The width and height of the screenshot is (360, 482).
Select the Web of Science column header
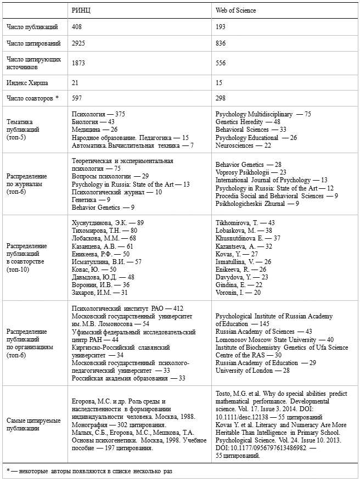[x=236, y=10]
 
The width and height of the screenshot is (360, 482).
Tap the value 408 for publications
[x=77, y=26]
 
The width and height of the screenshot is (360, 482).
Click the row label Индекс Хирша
[x=27, y=82]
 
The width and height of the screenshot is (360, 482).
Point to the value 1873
[x=80, y=63]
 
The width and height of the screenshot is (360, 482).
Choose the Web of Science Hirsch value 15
[x=220, y=82]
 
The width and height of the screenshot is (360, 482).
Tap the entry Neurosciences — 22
[x=243, y=145]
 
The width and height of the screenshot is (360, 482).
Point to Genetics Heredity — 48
[x=248, y=122]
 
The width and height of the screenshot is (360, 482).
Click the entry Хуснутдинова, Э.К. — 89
[x=108, y=222]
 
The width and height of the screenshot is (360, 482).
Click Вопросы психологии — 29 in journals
[x=110, y=176]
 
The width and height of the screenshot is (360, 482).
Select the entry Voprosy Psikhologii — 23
[x=251, y=172]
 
